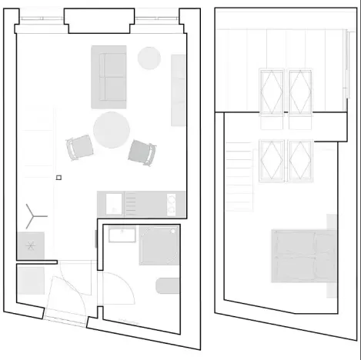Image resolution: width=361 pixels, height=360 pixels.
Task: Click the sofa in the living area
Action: [x=108, y=76]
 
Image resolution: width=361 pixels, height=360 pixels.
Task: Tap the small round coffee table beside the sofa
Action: [x=149, y=58]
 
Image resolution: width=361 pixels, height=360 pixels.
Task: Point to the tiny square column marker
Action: [x=58, y=178]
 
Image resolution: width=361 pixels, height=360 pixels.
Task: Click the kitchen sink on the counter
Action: [x=112, y=203]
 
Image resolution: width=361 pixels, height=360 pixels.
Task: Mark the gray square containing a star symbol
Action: [x=31, y=245]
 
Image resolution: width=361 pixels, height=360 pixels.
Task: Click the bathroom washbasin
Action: [x=122, y=235]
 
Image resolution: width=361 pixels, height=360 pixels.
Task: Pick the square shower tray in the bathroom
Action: [x=159, y=245]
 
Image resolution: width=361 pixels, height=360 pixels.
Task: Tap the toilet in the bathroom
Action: [x=167, y=286]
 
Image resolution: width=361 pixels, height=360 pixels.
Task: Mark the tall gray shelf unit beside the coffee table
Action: [x=178, y=90]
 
